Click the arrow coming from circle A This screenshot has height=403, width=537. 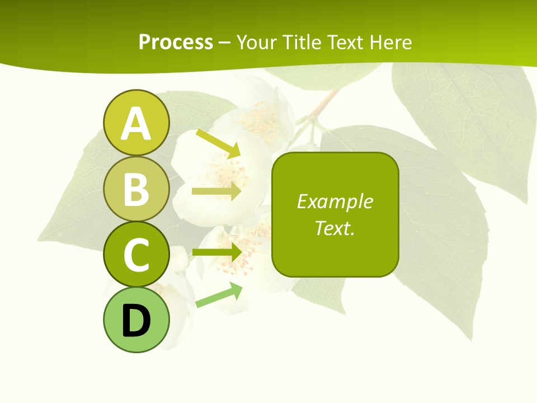tap(218, 143)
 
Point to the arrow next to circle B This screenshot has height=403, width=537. tap(216, 191)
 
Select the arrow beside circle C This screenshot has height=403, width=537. tap(217, 252)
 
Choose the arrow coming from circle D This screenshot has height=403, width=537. tap(219, 295)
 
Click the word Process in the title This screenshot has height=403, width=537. tap(176, 42)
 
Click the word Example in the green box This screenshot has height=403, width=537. tap(335, 201)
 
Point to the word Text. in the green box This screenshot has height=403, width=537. tap(335, 228)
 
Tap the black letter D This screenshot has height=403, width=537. tap(136, 321)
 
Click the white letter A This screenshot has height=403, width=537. tap(136, 124)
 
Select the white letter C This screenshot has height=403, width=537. tap(136, 255)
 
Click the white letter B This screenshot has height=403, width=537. tap(136, 189)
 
